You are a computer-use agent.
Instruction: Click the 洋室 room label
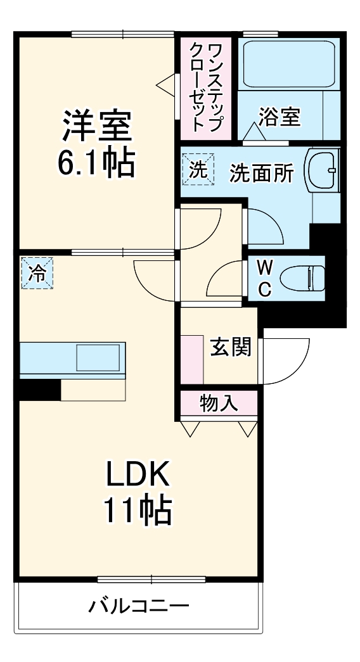click(96, 126)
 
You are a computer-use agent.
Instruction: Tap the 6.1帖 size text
click(96, 163)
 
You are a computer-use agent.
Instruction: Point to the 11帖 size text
click(137, 510)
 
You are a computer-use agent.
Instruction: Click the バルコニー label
click(138, 605)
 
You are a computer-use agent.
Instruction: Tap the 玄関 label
click(231, 347)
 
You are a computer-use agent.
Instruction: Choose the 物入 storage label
click(219, 403)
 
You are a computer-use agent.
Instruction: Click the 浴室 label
click(280, 116)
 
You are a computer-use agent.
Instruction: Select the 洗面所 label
click(261, 172)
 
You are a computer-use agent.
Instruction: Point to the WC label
click(264, 279)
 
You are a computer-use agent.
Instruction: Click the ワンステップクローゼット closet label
click(206, 87)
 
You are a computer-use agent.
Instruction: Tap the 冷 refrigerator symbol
click(37, 273)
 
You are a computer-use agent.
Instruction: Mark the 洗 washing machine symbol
click(198, 169)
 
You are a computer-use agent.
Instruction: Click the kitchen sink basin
click(98, 358)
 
